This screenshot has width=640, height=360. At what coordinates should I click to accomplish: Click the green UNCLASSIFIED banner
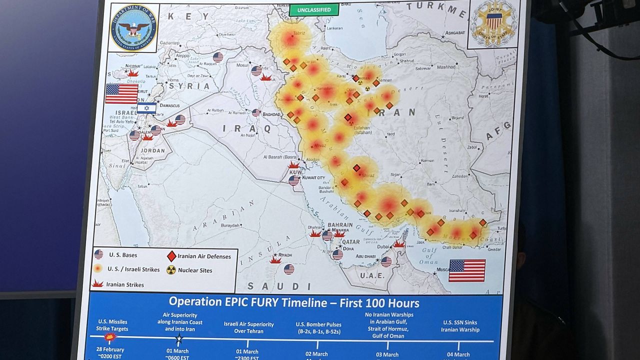point(314,9)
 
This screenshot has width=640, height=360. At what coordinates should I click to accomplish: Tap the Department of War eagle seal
point(133,28)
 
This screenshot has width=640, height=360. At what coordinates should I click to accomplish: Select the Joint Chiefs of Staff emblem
point(493,23)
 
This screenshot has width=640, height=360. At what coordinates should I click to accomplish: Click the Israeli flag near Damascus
point(146,108)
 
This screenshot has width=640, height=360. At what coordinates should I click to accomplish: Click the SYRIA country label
point(189,86)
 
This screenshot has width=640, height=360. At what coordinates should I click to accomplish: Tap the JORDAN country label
point(152,150)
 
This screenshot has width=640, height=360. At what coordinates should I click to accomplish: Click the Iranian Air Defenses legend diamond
point(171,256)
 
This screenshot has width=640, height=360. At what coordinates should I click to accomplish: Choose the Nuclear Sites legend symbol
point(171,270)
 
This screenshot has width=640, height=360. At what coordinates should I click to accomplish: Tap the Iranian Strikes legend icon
point(98,284)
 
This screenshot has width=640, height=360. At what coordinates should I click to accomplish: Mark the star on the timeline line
point(179,338)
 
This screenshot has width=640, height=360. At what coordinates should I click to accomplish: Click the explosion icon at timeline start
point(110,337)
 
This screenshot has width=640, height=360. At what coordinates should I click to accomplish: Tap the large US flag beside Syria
point(121,93)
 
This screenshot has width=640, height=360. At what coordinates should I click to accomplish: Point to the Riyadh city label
point(285,255)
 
